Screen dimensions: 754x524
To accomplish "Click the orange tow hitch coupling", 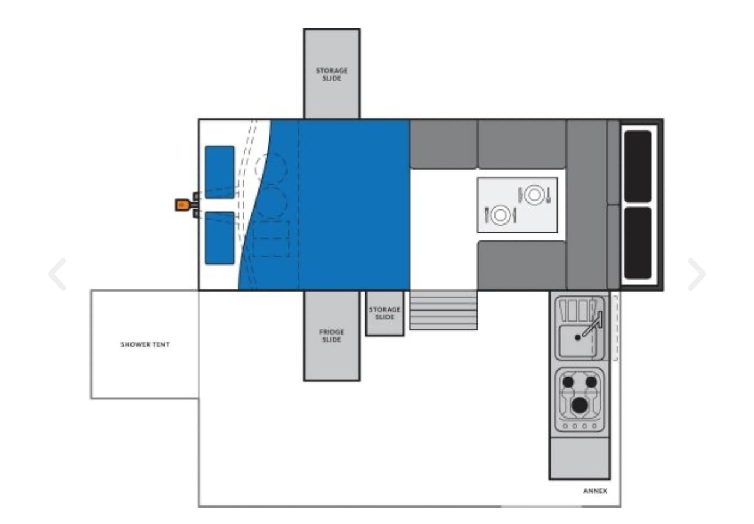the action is click(x=182, y=205).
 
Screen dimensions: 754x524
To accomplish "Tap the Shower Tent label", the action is click(x=145, y=344).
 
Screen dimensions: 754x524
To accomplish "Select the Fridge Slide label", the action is click(x=331, y=336).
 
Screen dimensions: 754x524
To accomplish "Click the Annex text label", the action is click(x=595, y=491).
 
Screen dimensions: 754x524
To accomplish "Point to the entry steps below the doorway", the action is click(x=443, y=310).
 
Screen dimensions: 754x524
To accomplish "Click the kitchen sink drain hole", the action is click(x=577, y=337).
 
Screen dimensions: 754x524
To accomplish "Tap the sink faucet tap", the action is click(x=593, y=323).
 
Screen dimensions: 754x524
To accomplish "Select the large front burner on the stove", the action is click(x=580, y=405).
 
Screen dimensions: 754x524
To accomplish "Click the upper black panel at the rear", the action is click(x=638, y=166).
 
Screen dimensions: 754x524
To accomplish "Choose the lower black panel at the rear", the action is click(x=638, y=243).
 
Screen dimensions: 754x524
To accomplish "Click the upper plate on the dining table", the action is click(x=534, y=195).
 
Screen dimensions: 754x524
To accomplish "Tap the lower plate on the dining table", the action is click(x=500, y=215).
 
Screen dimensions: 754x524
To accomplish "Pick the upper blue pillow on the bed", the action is click(x=219, y=172).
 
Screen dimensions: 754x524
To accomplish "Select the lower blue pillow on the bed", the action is click(x=219, y=238).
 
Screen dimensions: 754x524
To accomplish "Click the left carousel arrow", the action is click(x=57, y=274).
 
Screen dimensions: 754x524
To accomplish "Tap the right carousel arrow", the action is click(x=697, y=274).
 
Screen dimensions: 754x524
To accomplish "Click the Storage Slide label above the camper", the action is click(x=331, y=74).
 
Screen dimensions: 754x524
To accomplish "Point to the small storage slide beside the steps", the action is click(x=385, y=313).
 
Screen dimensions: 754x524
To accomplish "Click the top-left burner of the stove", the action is click(x=568, y=382).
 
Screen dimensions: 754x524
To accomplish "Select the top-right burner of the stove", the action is click(x=591, y=382).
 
